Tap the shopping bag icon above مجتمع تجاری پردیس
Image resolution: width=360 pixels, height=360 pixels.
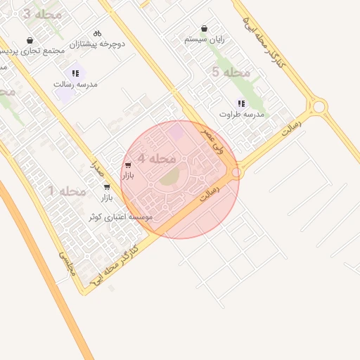pos(30,41)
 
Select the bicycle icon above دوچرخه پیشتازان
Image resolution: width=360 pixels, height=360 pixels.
pos(97,33)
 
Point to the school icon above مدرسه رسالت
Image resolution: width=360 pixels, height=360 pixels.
pos(75,73)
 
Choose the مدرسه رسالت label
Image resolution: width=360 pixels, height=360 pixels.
pos(75,84)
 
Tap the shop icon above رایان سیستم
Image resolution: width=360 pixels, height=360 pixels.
pos(204,29)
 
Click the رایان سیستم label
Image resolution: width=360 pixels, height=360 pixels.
pos(204,39)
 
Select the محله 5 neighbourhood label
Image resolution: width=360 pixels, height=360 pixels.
pos(231,72)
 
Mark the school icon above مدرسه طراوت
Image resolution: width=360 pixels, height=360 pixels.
pos(242,103)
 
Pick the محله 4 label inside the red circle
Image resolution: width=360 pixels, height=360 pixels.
pos(156,159)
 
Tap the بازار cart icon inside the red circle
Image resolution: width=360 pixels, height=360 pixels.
pos(127,165)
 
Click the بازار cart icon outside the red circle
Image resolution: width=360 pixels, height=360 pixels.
pos(107,187)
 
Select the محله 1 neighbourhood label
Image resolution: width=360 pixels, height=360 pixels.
pos(67,191)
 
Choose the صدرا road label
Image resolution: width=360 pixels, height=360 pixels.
pos(96,167)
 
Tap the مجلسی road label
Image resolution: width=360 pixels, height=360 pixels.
pos(65,262)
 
